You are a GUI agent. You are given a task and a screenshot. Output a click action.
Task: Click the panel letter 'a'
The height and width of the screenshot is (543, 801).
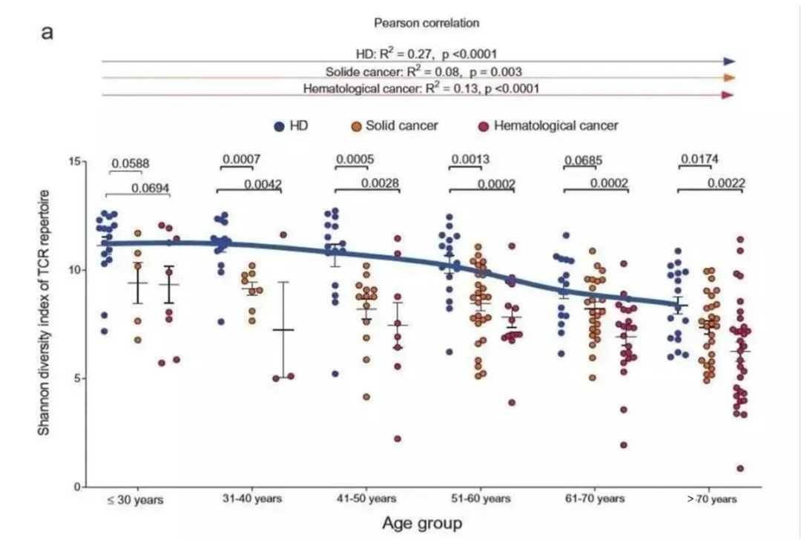click(47, 33)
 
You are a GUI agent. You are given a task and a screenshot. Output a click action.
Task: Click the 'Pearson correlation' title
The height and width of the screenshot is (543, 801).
click(426, 23)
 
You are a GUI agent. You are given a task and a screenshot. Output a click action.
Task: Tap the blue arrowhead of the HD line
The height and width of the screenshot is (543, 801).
click(729, 62)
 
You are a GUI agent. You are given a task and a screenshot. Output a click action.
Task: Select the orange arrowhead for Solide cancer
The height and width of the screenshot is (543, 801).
click(729, 78)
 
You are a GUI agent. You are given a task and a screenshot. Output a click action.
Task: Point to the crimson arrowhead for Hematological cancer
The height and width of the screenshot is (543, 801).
click(728, 95)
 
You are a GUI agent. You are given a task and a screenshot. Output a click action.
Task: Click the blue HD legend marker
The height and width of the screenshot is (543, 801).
click(279, 126)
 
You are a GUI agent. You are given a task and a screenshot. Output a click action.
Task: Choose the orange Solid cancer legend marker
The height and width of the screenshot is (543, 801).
click(356, 126)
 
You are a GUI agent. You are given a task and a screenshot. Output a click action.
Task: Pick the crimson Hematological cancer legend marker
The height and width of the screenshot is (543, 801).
click(484, 126)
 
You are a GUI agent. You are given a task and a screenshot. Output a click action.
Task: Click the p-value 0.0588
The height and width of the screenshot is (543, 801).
click(130, 163)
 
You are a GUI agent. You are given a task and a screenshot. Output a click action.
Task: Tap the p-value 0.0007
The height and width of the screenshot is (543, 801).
click(240, 159)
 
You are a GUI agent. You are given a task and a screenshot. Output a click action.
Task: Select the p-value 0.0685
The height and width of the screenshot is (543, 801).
click(583, 160)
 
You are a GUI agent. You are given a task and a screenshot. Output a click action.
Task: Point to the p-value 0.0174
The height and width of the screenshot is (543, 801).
click(699, 159)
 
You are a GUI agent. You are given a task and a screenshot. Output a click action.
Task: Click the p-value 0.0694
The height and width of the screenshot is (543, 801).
click(151, 188)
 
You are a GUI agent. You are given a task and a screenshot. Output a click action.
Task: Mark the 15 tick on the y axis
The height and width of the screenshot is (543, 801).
click(73, 162)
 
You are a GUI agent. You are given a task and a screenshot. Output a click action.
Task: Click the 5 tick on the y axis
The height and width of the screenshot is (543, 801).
click(77, 378)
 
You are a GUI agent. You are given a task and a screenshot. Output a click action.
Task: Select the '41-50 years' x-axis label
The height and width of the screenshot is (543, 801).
click(366, 499)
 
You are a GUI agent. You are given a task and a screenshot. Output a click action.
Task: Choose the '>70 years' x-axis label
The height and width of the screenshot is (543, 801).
click(711, 499)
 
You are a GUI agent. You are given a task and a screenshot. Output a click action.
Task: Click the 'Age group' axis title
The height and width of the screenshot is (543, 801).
click(422, 524)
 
